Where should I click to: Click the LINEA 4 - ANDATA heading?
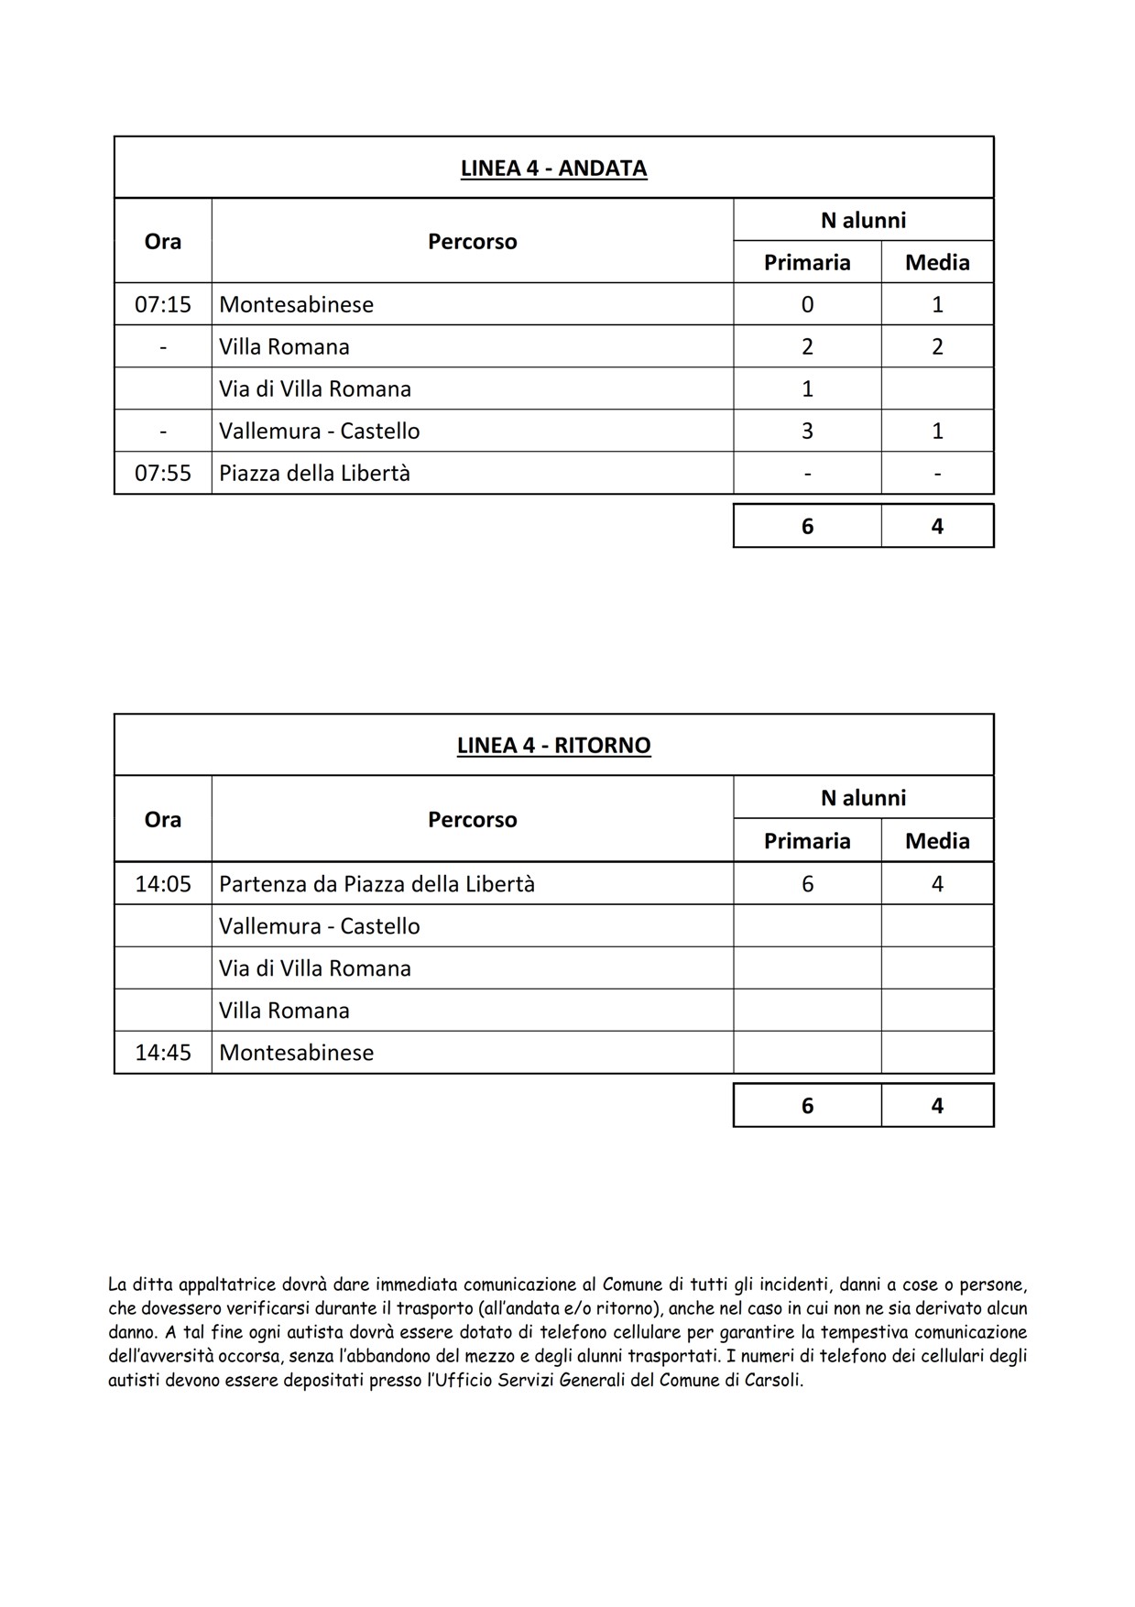point(553,169)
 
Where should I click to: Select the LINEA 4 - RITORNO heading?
point(553,746)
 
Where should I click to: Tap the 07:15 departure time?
point(163,304)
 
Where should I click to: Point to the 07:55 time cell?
point(163,474)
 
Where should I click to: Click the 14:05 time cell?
point(163,884)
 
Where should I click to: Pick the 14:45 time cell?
point(163,1053)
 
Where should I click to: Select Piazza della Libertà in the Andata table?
point(314,474)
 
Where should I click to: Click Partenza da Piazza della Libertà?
point(377,884)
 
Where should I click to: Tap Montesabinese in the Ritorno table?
point(296,1053)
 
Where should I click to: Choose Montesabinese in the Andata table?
point(296,304)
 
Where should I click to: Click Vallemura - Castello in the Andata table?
point(319,432)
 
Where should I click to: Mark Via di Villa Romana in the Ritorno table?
point(314,968)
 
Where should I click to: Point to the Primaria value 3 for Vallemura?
point(807,432)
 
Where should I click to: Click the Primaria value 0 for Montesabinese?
point(807,304)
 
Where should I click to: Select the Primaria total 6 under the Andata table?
point(807,527)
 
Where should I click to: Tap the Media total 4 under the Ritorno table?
point(937,1106)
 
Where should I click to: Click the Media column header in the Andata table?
point(937,263)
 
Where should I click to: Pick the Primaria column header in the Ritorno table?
point(807,841)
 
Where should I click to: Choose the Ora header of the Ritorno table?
point(163,820)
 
